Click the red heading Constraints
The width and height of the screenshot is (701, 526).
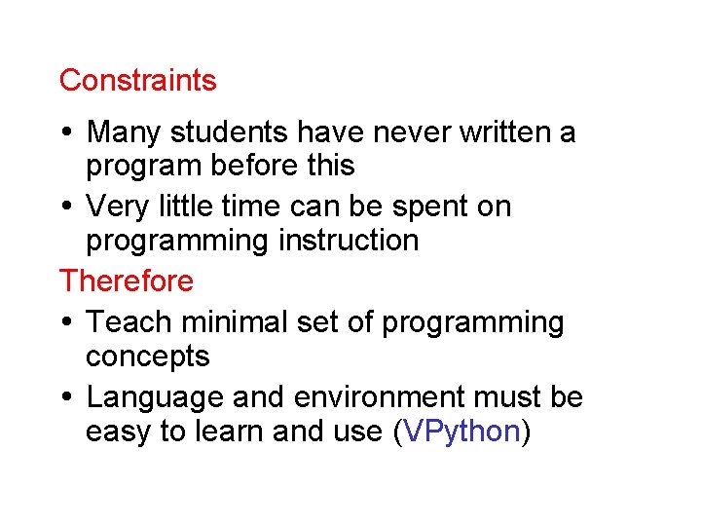click(137, 80)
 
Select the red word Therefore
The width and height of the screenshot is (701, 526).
click(127, 282)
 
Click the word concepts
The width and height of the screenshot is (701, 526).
click(147, 357)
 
